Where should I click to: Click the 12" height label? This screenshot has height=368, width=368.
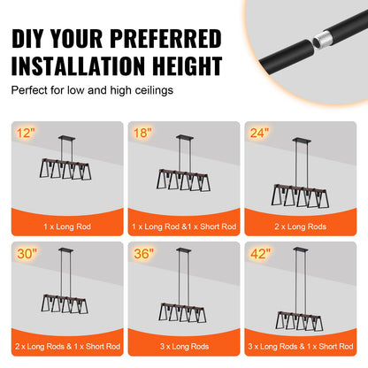[x=26, y=134]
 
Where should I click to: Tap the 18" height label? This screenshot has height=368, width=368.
[x=143, y=134]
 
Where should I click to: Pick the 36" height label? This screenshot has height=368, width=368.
[x=144, y=254]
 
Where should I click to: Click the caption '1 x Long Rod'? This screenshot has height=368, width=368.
[x=66, y=226]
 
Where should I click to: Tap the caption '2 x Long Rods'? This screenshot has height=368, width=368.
[x=302, y=226]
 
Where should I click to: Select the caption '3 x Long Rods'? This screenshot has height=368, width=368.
[x=184, y=345]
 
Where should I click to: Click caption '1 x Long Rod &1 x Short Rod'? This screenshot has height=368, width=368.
[x=184, y=226]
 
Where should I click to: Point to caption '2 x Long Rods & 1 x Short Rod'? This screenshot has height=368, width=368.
[x=66, y=345]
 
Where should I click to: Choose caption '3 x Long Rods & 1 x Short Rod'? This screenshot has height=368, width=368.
[x=302, y=345]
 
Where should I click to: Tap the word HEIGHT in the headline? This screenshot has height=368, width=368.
[x=180, y=66]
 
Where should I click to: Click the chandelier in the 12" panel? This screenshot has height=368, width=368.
[x=66, y=168]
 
